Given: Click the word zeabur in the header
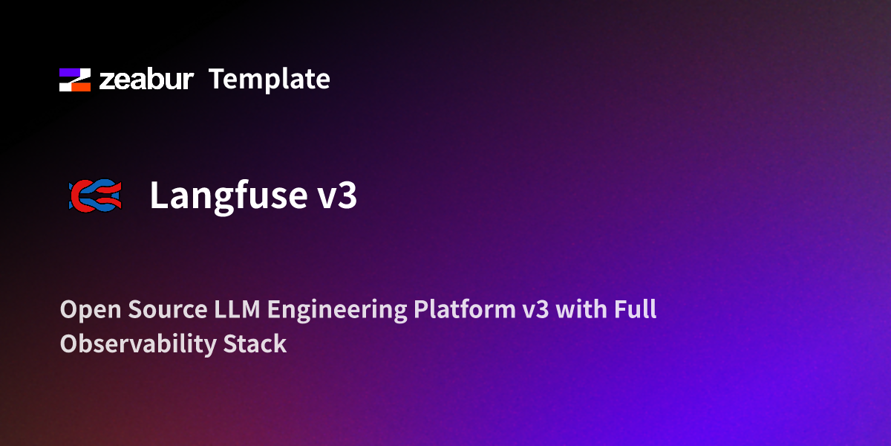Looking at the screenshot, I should click(146, 80).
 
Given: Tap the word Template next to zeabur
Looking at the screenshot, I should click(269, 79).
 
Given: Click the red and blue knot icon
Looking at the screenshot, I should click(94, 195).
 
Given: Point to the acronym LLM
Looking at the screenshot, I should click(241, 309).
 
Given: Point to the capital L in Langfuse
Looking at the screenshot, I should click(159, 195).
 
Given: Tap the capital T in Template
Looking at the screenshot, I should click(216, 79).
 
